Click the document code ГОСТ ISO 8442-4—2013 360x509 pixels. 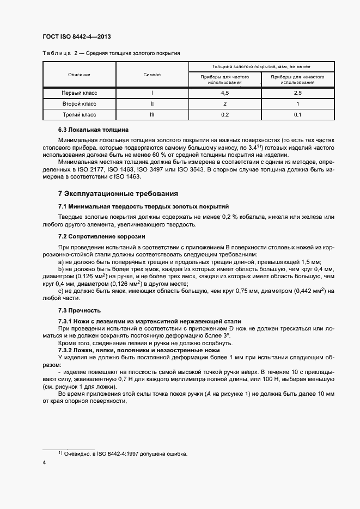click(77, 37)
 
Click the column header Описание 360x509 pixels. click(79, 74)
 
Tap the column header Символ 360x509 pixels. click(152, 74)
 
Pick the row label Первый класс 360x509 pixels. click(79, 93)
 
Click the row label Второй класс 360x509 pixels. click(79, 103)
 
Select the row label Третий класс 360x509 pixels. click(79, 114)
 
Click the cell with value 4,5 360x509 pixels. click(224, 93)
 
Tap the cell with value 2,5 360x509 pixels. click(298, 93)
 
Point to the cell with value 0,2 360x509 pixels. click(224, 114)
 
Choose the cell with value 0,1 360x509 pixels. click(298, 114)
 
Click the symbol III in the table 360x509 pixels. click(152, 114)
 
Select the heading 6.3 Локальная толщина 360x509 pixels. click(93, 130)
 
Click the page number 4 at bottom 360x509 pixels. click(44, 462)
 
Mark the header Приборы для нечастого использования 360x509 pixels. click(298, 79)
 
